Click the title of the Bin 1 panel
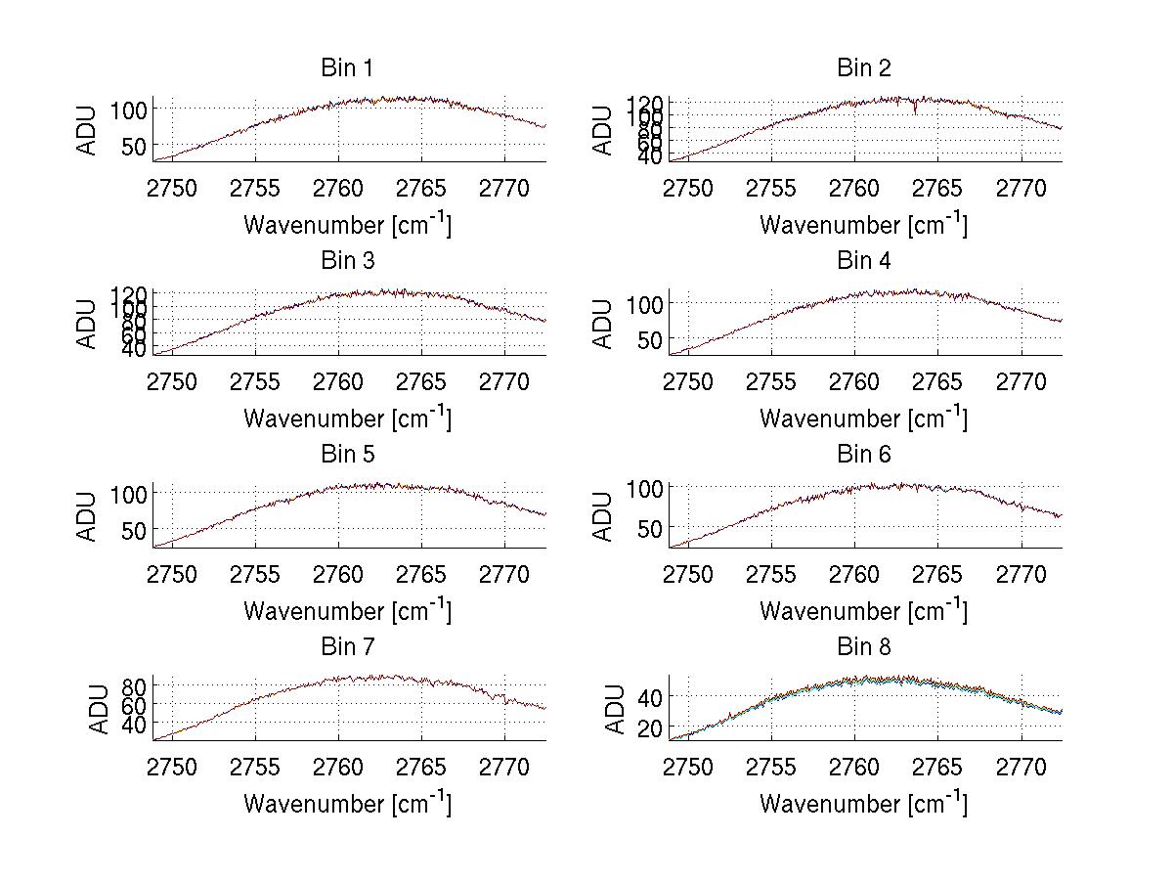[x=346, y=68]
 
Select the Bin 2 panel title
[x=864, y=68]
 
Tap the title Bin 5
[x=346, y=455]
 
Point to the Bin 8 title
[x=864, y=647]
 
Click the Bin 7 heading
[x=346, y=647]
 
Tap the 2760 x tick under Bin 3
[x=339, y=381]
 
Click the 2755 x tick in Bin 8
[x=772, y=767]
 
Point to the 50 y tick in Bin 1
[x=135, y=146]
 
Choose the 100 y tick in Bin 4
[x=644, y=303]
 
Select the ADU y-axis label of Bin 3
[x=88, y=324]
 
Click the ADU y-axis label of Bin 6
[x=604, y=516]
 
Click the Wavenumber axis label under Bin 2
[x=864, y=224]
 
